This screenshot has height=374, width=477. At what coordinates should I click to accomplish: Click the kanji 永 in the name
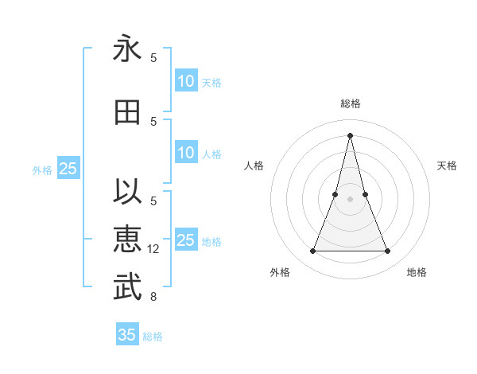point(127,49)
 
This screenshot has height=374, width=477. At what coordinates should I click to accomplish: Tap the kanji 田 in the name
point(127,112)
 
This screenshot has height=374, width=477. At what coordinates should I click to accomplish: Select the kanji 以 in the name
point(127,193)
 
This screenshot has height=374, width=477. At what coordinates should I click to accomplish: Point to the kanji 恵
point(127,240)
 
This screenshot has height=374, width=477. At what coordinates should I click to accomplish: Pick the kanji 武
point(127,287)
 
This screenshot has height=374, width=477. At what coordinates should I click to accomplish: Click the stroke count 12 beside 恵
point(153,249)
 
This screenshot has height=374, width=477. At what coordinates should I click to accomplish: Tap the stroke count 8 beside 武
point(153,297)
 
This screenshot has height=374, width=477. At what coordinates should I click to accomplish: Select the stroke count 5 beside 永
point(153,58)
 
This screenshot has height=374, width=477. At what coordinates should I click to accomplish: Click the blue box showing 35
point(126,335)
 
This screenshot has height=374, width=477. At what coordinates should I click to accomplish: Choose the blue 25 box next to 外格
point(68,169)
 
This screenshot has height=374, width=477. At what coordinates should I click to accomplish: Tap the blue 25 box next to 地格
point(185,240)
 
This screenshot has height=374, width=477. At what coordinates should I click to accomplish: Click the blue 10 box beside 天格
point(185,81)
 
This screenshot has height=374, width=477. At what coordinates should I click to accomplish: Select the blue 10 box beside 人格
point(185,153)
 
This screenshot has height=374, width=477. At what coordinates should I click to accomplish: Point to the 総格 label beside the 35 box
point(153,337)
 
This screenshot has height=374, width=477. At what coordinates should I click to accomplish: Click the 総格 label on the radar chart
point(350,103)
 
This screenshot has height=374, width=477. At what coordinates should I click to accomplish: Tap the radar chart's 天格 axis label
point(448,166)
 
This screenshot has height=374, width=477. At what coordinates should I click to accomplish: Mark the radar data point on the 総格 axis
point(350,135)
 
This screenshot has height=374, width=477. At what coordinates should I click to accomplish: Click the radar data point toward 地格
point(388,251)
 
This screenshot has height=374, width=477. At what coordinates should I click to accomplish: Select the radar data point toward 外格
point(312,251)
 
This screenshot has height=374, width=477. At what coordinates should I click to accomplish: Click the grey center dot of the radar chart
point(350,199)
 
